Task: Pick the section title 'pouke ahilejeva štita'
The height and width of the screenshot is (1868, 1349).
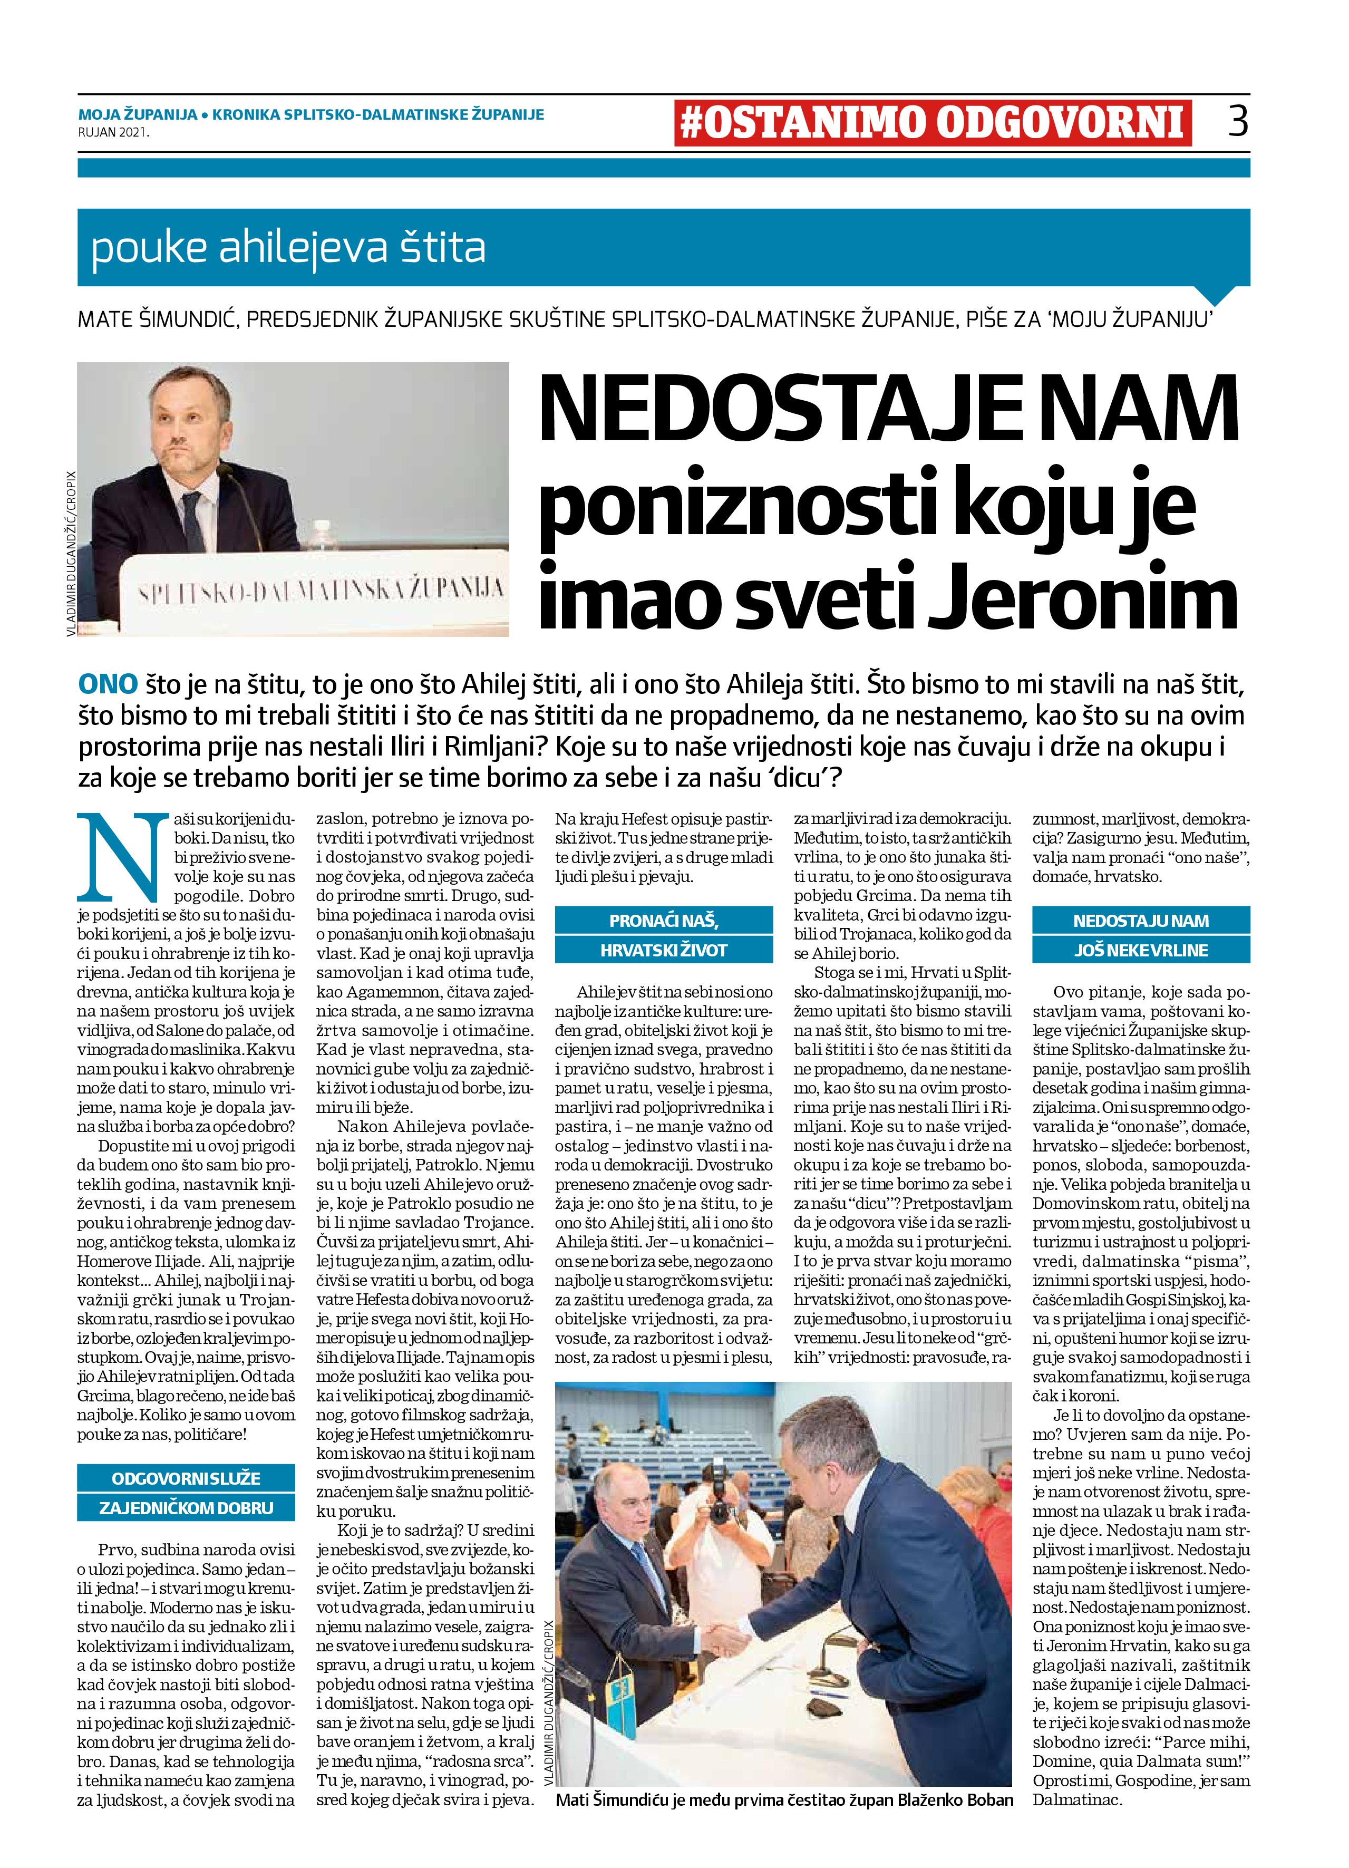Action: point(288,248)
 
